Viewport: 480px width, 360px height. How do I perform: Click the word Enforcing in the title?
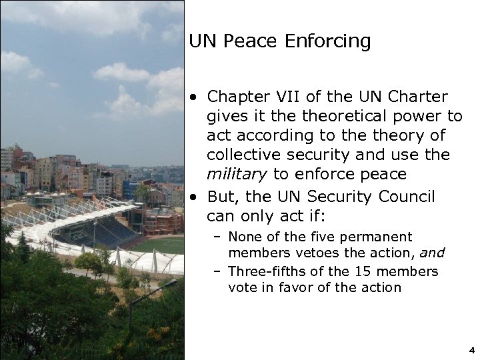point(327,41)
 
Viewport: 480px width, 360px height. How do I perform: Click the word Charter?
point(417,97)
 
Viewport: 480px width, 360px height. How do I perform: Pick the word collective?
point(241,155)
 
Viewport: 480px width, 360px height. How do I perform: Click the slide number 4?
point(471,349)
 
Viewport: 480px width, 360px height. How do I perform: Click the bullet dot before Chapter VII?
point(193,98)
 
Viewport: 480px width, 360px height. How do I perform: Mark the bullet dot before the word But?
point(193,198)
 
